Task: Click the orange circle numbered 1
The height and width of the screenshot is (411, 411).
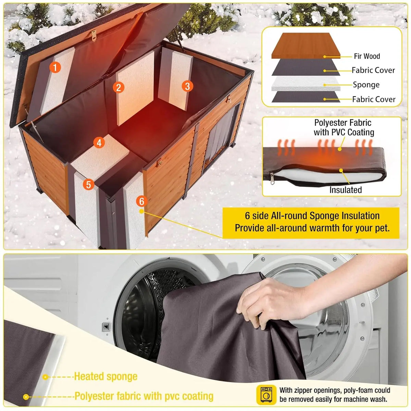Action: (55, 67)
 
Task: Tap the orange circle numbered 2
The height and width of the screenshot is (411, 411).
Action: (119, 87)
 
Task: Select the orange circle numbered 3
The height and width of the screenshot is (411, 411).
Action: (187, 86)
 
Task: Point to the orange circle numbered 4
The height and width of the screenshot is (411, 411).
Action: (99, 142)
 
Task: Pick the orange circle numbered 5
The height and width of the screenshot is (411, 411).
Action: (88, 185)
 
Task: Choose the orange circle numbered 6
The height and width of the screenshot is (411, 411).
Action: (141, 201)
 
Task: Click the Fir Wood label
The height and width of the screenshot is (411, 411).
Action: (366, 56)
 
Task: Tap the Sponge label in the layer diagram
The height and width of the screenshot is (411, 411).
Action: (366, 85)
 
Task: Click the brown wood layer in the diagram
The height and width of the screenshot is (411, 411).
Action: (306, 46)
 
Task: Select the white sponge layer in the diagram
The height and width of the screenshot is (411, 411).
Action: (306, 83)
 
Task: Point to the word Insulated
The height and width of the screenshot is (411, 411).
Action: (346, 190)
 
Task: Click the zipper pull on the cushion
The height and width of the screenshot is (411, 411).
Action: (272, 178)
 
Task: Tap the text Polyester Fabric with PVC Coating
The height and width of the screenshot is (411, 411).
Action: (344, 127)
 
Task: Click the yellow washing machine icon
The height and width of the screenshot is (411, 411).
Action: (266, 395)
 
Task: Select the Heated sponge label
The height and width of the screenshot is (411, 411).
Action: (105, 376)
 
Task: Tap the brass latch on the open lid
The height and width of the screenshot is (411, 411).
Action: (94, 35)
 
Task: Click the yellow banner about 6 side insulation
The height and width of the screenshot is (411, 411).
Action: (311, 223)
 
